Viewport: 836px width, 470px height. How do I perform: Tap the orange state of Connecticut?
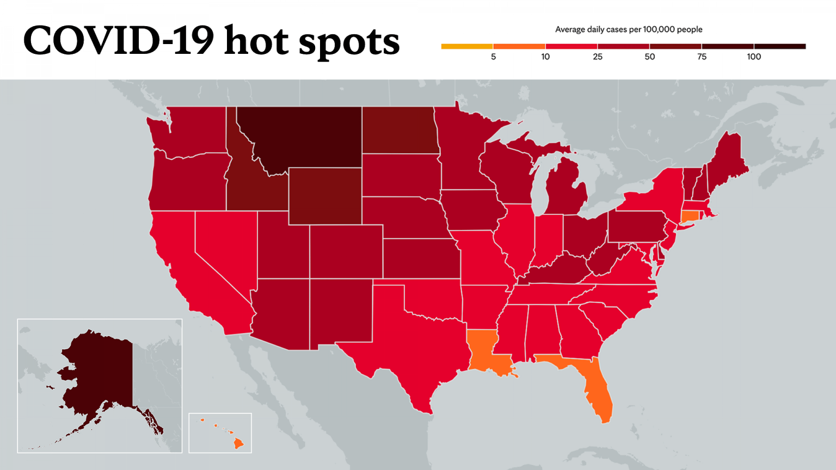click(690, 216)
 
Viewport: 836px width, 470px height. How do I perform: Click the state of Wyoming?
click(325, 196)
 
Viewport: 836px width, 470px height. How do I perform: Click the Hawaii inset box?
click(220, 433)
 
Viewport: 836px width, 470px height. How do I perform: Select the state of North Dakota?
click(399, 131)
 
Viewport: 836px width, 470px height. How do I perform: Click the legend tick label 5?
click(493, 57)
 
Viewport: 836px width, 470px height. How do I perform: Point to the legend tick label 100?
click(754, 57)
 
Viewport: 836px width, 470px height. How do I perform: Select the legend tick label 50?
click(649, 57)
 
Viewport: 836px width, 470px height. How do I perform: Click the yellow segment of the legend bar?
click(467, 47)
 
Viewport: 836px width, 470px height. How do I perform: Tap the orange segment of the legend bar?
click(519, 47)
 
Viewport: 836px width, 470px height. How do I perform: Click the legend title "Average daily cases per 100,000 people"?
click(629, 29)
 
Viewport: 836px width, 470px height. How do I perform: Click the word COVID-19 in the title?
click(118, 41)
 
